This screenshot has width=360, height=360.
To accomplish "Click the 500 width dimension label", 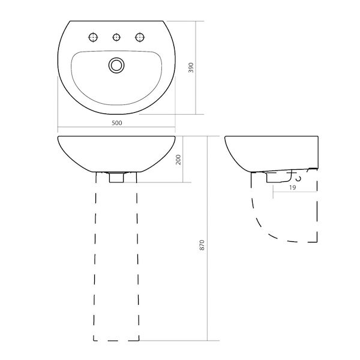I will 117,123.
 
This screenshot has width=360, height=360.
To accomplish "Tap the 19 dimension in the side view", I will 292,188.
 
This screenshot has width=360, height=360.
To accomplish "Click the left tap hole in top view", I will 93,38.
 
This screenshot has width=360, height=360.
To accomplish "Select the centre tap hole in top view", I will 117,38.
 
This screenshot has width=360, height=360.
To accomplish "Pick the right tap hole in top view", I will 140,38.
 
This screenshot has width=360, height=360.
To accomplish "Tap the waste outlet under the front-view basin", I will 116,177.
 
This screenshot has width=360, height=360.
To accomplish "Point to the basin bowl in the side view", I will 270,153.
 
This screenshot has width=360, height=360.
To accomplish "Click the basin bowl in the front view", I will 117,153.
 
